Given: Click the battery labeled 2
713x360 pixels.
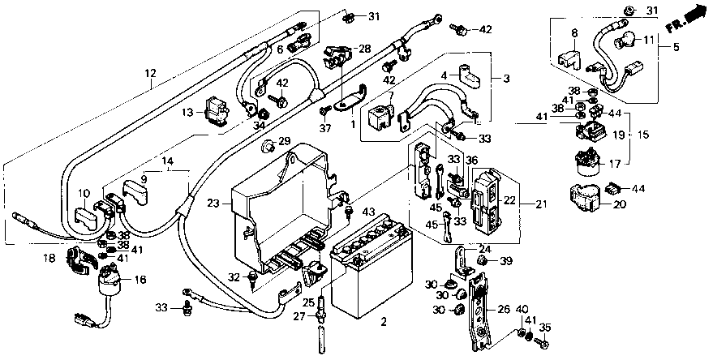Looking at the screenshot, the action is [371, 268].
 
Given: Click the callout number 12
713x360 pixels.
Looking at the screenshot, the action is [151, 73].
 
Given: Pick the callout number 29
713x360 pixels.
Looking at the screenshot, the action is [284, 141].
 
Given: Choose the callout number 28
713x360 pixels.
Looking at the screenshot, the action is [365, 48].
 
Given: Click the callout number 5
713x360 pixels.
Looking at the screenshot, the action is [676, 46].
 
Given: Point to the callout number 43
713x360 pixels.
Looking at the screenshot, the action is [369, 212].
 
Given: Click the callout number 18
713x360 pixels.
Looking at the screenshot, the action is [49, 258].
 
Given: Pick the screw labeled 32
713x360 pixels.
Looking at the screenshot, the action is [252, 278].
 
